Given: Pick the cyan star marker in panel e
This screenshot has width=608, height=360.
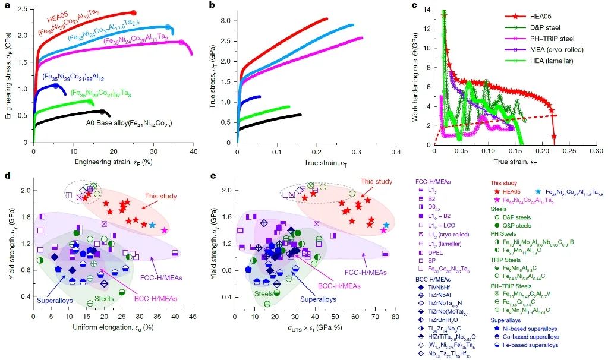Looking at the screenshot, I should pyautogui.click(x=386, y=225).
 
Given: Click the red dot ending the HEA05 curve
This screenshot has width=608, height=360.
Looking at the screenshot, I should pyautogui.click(x=133, y=12).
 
